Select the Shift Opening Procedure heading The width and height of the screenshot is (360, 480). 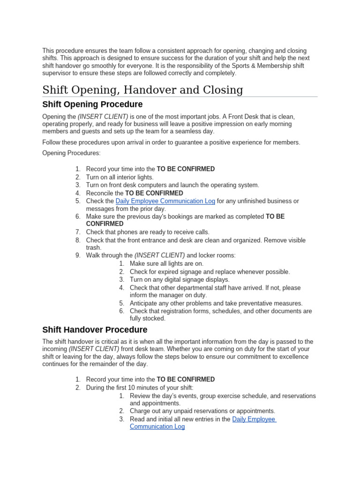click(x=92, y=104)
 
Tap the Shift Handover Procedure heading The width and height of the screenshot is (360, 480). click(x=95, y=330)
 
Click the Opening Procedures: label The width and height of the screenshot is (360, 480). click(x=71, y=153)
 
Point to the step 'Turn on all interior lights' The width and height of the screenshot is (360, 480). click(x=120, y=177)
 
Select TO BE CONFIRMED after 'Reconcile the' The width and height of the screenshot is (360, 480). click(x=154, y=193)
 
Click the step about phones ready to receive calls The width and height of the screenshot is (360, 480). click(x=148, y=232)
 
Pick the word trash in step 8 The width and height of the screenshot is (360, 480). click(x=93, y=247)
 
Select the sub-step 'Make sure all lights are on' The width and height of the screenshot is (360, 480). click(x=166, y=263)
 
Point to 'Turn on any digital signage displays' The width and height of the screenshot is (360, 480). click(x=180, y=279)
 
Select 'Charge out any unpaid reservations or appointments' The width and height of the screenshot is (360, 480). click(x=202, y=411)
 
